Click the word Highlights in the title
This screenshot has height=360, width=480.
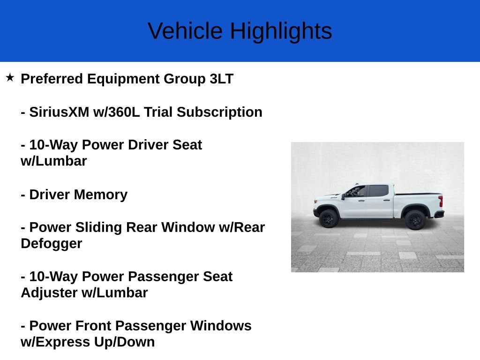281,31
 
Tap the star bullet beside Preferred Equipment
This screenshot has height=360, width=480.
10,77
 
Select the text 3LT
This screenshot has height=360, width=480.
222,79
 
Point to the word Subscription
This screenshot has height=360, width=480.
219,112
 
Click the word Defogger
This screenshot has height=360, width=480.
52,244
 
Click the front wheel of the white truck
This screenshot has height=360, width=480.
329,218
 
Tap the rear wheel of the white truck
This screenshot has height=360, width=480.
415,219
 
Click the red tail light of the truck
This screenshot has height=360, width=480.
441,201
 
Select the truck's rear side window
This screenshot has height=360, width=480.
379,191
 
